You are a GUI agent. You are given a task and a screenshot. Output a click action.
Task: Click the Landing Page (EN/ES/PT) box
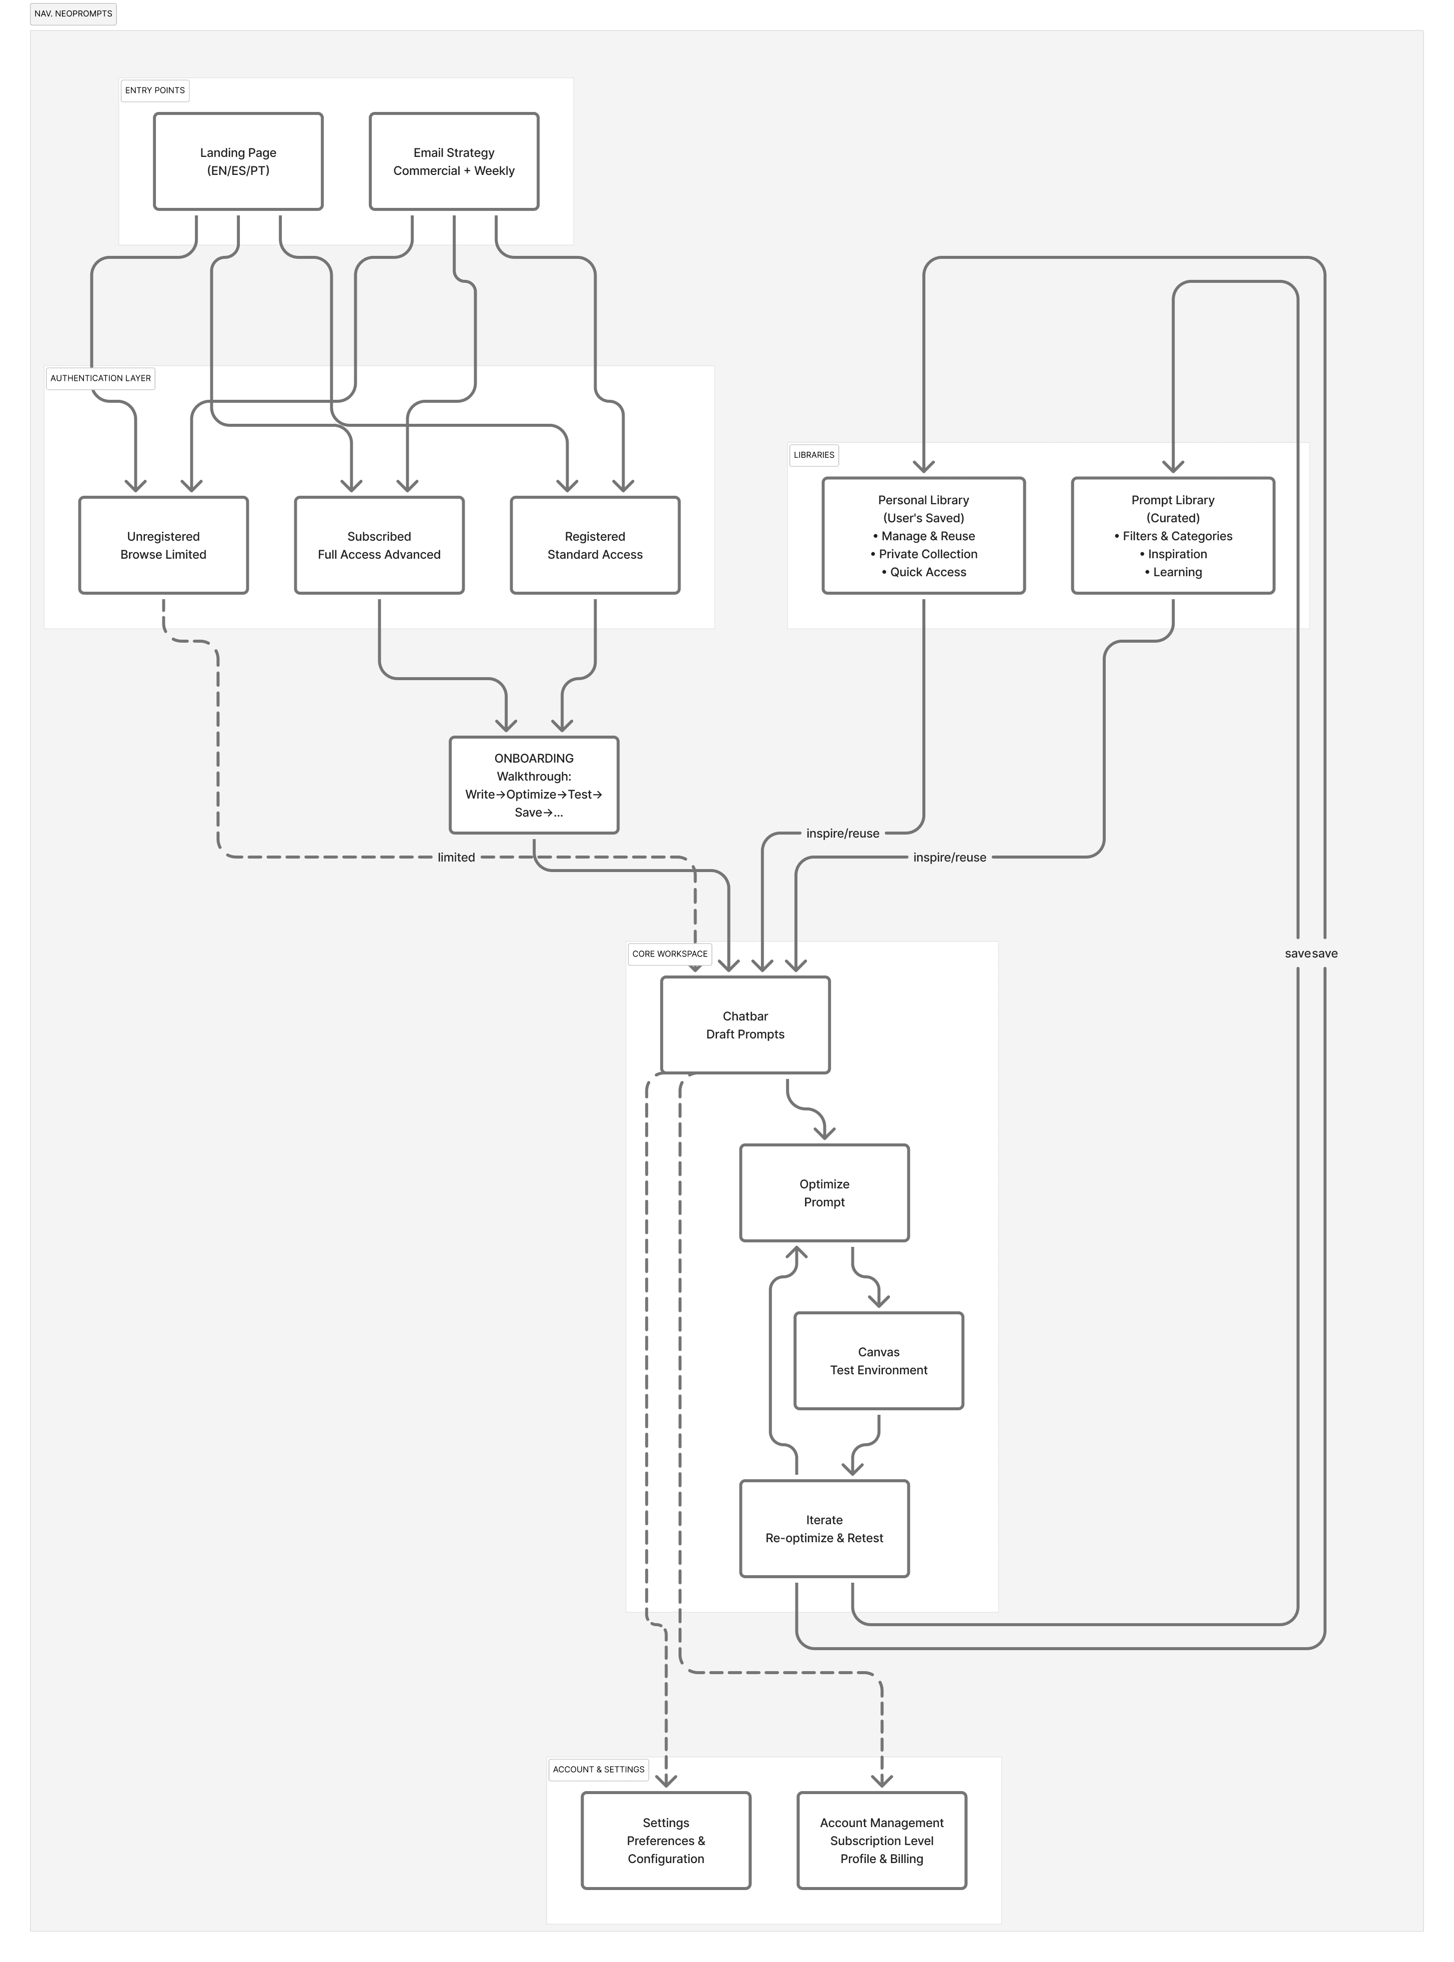coord(238,161)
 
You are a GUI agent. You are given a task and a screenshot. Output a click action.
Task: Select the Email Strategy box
coord(453,161)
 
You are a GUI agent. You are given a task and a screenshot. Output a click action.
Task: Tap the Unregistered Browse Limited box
coord(163,545)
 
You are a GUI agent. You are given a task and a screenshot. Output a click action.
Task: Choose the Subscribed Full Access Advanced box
coord(378,545)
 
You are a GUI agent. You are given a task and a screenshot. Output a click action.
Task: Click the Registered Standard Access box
coord(595,545)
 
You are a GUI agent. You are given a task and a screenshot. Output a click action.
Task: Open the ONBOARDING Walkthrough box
coord(533,784)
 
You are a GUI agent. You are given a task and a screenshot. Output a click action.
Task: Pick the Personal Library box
coord(923,535)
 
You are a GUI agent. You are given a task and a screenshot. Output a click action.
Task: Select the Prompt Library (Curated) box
coord(1172,535)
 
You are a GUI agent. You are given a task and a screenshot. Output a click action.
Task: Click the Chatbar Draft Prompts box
coord(744,1024)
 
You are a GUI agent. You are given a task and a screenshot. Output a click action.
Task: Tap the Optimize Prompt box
coord(824,1193)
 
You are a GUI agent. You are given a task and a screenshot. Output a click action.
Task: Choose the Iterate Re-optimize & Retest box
coord(824,1529)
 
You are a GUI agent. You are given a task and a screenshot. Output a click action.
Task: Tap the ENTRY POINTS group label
coord(155,90)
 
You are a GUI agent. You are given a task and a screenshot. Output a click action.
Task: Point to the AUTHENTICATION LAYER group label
coord(100,378)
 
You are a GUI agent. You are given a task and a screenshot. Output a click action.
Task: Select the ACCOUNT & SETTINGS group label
coord(599,1769)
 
